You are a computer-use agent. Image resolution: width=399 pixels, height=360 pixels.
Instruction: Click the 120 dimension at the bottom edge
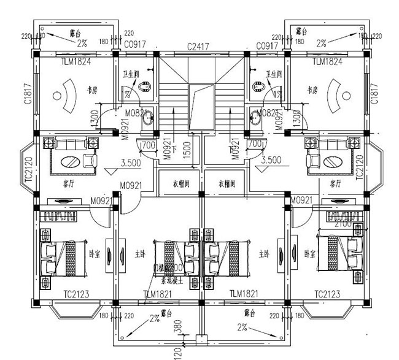[x=177, y=353]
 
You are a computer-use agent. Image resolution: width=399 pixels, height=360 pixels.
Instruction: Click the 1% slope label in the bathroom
[x=277, y=94]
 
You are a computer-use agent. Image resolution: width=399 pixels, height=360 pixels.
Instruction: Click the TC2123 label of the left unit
[x=77, y=294]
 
